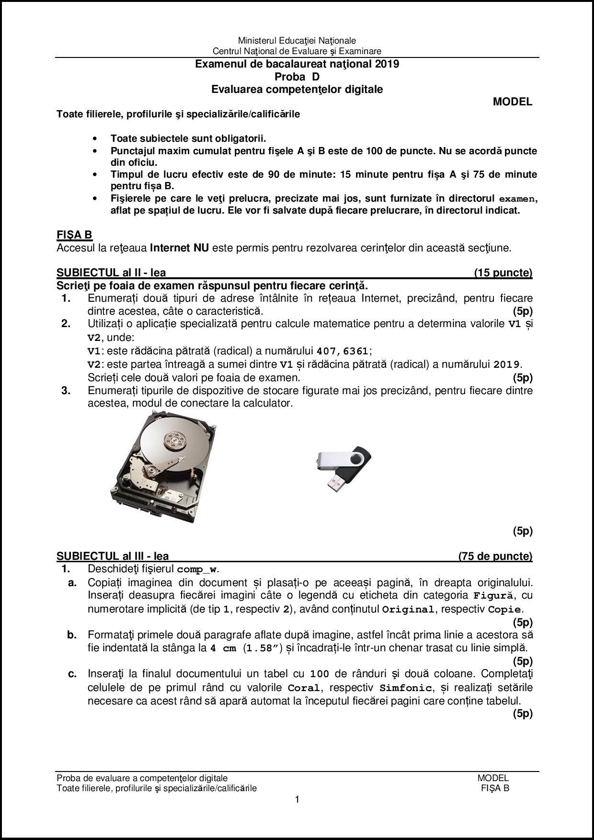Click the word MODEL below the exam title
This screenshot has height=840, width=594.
point(512,102)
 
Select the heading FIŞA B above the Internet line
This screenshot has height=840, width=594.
point(74,235)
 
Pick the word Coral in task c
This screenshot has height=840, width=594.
point(304,688)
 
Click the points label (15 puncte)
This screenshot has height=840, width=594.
point(503,273)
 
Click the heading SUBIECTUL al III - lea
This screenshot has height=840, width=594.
point(113,556)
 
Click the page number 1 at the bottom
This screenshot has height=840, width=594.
point(297,799)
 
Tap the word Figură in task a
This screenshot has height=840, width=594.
point(493,596)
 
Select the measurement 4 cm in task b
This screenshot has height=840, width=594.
point(223,649)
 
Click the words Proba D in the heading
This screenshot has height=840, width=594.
point(297,77)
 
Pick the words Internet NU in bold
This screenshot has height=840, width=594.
point(179,248)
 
